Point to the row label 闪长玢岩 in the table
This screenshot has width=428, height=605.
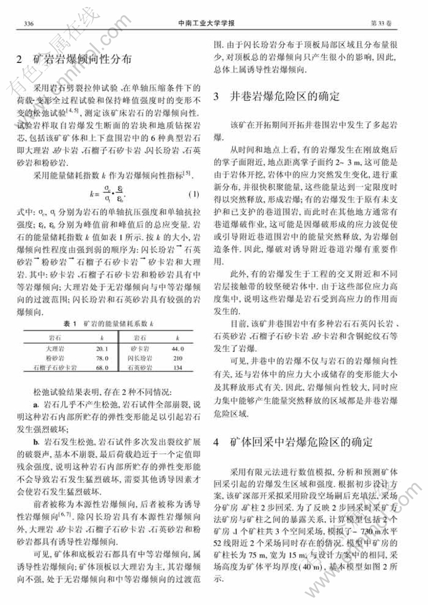point(138,358)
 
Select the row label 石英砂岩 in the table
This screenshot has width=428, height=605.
point(138,367)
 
